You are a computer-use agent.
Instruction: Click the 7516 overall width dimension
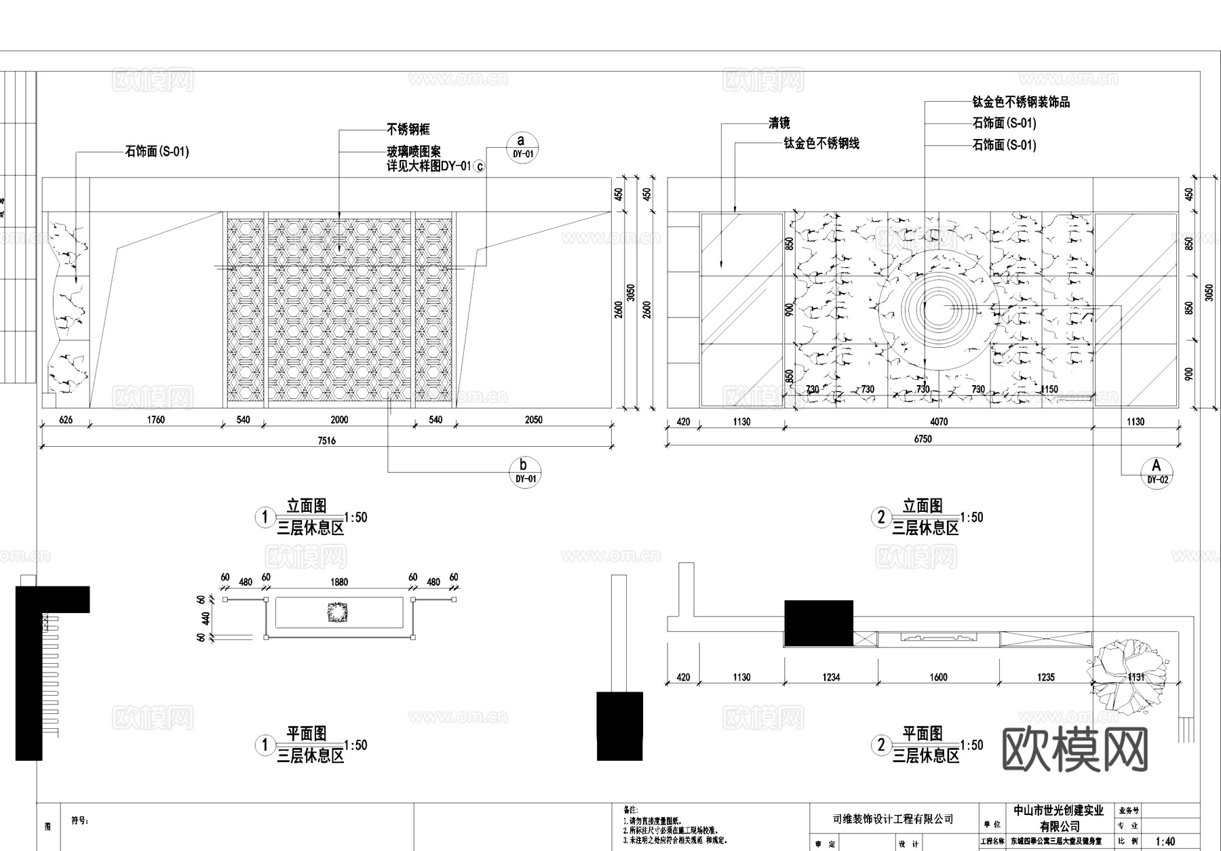(x=326, y=441)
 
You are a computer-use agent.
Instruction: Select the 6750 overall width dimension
(x=923, y=439)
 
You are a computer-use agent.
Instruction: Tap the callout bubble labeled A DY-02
(x=1157, y=471)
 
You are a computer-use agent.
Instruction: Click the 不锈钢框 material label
(x=408, y=129)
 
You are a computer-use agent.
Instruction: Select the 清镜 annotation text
(x=779, y=123)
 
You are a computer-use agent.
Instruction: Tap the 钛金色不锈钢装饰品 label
(x=1021, y=102)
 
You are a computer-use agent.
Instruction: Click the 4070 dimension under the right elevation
(x=939, y=422)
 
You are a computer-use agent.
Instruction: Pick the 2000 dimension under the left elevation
(x=339, y=420)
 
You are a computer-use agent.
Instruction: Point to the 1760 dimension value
(x=156, y=420)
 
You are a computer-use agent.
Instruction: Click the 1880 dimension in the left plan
(x=339, y=582)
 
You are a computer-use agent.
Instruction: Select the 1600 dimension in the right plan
(x=938, y=677)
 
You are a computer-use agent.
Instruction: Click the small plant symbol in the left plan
(x=338, y=612)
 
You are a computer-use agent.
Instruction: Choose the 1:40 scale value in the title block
(x=1165, y=842)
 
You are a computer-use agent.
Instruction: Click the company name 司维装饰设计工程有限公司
(x=893, y=819)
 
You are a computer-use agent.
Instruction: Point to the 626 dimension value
(x=66, y=420)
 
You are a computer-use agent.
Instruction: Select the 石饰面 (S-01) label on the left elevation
(x=157, y=151)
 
